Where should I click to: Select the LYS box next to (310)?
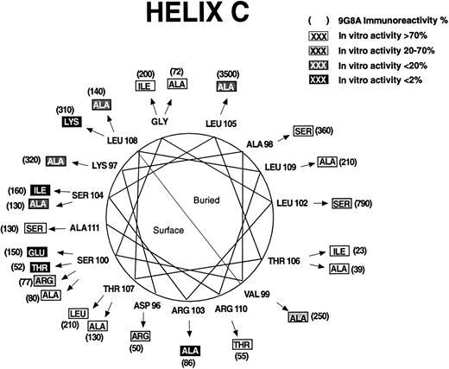pos(72,123)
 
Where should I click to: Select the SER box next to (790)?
pos(341,203)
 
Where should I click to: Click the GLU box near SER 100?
pos(35,251)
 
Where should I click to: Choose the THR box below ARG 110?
pos(242,346)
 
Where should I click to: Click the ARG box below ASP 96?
pos(140,335)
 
